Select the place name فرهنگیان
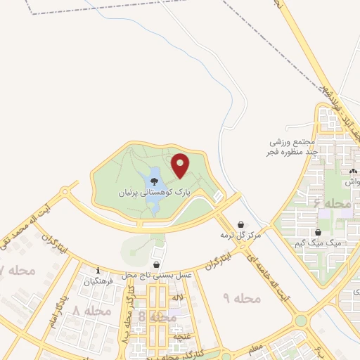[x=98, y=281]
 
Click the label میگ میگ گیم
[x=319, y=243]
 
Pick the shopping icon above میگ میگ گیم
[x=319, y=232]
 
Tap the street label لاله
[x=178, y=298]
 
